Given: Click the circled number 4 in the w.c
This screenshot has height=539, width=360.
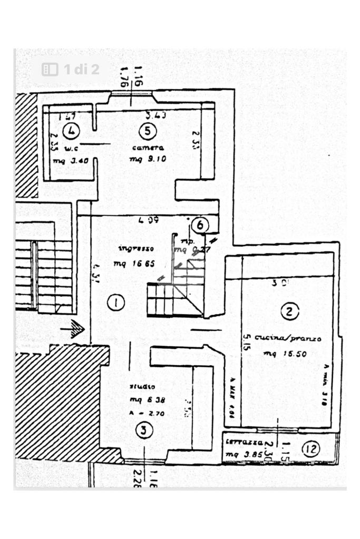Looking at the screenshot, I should (x=70, y=130).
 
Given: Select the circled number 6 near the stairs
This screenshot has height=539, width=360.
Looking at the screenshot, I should (x=200, y=226).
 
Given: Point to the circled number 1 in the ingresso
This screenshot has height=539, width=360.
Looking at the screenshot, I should (x=115, y=302).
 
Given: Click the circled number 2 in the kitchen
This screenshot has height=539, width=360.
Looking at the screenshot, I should (x=289, y=312).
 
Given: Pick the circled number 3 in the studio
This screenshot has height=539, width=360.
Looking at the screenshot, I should (x=144, y=431).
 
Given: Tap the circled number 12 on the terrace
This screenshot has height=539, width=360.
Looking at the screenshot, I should (x=311, y=449).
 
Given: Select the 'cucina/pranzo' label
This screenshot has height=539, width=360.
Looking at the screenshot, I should (x=287, y=338).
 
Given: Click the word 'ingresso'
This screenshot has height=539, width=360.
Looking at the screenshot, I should (x=135, y=249).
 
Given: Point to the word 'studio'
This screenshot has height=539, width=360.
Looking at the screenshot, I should (x=139, y=387).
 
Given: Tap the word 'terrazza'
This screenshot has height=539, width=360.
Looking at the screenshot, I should (x=241, y=442).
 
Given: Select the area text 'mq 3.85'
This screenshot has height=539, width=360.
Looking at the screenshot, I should (x=241, y=455).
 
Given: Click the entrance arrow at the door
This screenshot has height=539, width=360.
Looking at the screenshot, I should (x=74, y=330).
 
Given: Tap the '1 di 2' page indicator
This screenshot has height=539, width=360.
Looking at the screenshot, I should (x=71, y=70).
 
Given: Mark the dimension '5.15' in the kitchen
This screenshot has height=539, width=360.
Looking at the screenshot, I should (x=246, y=341).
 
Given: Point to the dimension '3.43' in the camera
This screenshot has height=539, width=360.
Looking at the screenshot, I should (x=157, y=115).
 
